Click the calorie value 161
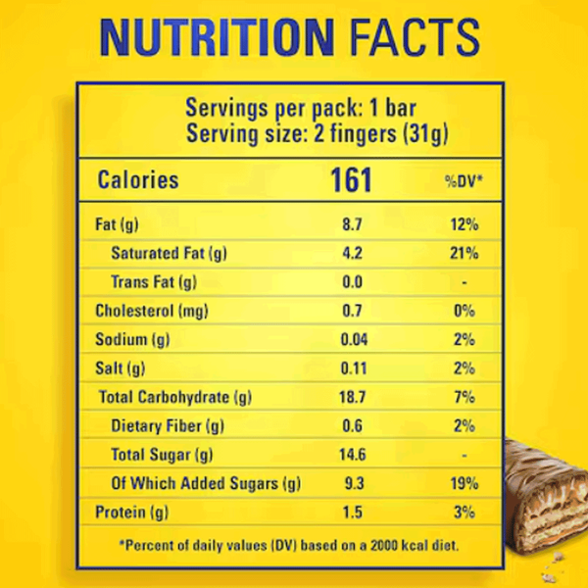pos(351,180)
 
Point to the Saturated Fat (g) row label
pos(169,254)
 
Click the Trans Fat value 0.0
pos(352,283)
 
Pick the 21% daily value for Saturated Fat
pos(464,254)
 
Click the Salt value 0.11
pos(352,368)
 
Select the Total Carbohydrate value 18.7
pos(352,398)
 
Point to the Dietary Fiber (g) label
pos(168,426)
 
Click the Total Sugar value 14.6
pos(352,455)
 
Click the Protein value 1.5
pos(352,512)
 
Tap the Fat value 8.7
pos(352,225)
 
